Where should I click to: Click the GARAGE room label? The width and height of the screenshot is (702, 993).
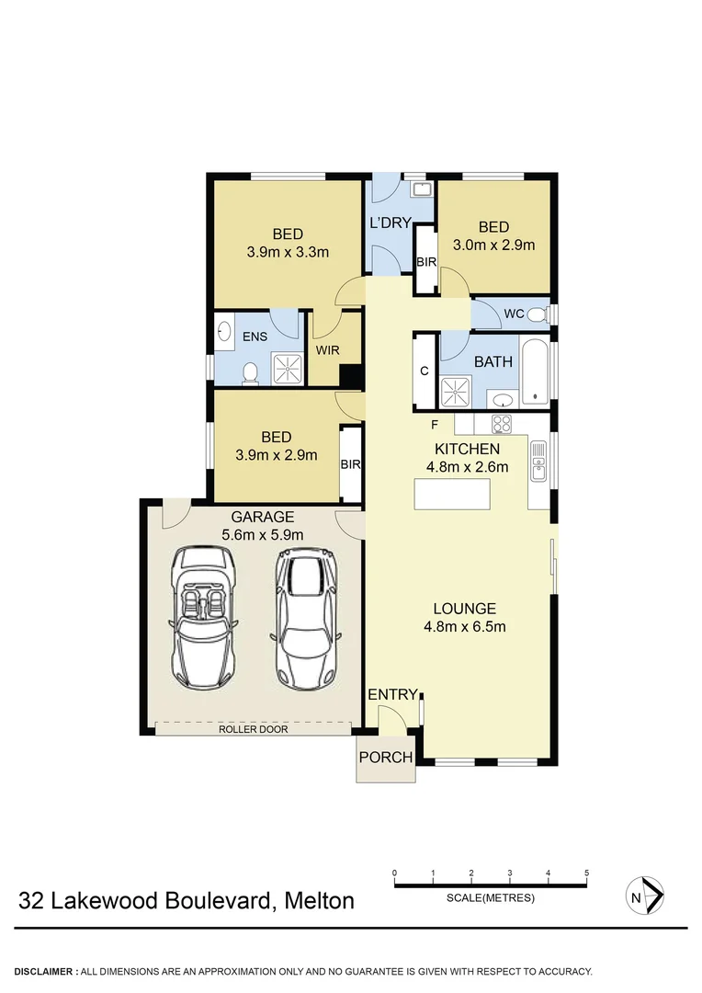263,517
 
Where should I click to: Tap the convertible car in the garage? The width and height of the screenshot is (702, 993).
204,617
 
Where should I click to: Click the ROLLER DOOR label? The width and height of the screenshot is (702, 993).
253,729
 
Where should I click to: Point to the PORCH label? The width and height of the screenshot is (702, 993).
385,758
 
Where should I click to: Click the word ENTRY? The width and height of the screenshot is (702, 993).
393,695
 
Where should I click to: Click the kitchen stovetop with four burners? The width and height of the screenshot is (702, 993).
502,424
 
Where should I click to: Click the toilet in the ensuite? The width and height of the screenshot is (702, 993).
250,371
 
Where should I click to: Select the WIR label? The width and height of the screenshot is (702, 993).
328,350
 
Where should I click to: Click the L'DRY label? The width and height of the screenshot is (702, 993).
390,223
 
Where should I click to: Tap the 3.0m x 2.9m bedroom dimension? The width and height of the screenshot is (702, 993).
493,245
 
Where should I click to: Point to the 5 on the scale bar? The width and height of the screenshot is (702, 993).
585,873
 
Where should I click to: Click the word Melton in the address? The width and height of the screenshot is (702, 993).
318,900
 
